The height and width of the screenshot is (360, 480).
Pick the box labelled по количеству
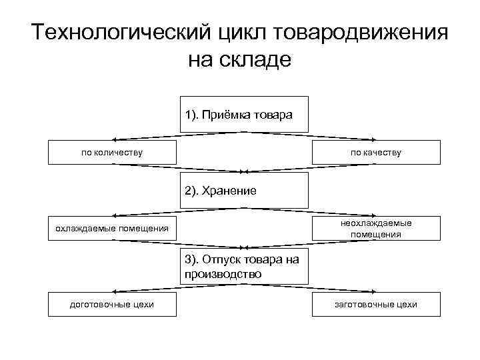pos(113,152)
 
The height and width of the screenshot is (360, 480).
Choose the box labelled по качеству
pos(377,152)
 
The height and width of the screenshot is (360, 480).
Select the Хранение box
pos(245,190)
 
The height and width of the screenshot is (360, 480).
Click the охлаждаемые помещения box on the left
pos(113,229)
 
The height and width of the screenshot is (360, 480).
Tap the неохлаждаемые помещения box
pos(377,229)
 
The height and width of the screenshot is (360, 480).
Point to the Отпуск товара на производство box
pos(245,267)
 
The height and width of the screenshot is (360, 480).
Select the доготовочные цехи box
pos(113,305)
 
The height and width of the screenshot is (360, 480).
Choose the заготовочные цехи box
pos(377,305)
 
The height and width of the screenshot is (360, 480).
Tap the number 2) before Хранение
pos(193,191)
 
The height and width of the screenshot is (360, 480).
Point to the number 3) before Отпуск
pos(193,260)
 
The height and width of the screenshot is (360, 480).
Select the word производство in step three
pos(224,274)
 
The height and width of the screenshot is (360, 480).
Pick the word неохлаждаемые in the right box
pos(377,223)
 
